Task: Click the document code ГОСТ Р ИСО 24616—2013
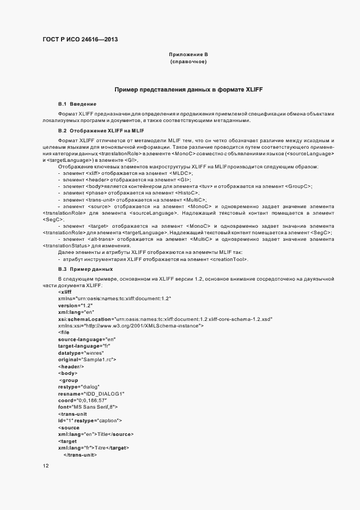80,40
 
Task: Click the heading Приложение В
188,54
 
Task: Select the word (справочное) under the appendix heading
188,62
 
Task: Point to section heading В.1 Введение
77,104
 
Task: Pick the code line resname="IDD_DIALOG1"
91,393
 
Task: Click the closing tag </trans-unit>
80,454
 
